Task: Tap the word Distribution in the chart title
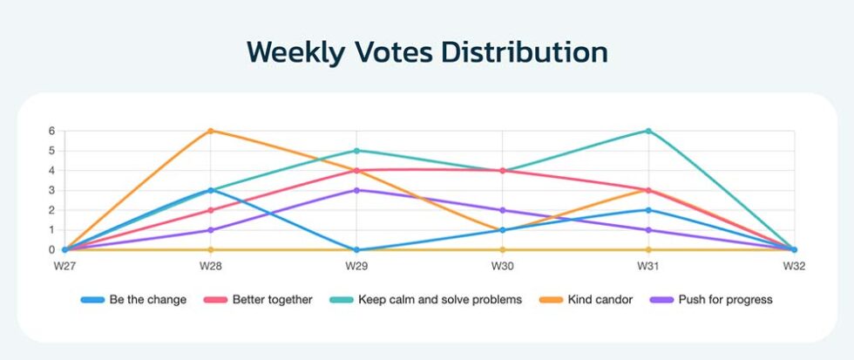click(525, 51)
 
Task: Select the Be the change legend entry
click(133, 300)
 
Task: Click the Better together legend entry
click(258, 300)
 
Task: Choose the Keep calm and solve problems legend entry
click(426, 300)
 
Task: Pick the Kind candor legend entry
click(586, 300)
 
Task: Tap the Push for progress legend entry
click(711, 300)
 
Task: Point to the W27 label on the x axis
click(64, 267)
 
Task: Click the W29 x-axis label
click(356, 267)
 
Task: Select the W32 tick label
click(794, 267)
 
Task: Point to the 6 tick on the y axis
click(52, 131)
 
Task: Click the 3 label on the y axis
click(52, 190)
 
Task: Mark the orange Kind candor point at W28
click(211, 131)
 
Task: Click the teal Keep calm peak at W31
click(648, 131)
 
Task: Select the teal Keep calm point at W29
click(356, 150)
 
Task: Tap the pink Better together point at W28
click(211, 210)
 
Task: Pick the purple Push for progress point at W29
click(356, 190)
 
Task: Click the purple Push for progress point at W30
click(502, 210)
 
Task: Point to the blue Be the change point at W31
click(648, 210)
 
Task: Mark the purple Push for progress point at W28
click(211, 230)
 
